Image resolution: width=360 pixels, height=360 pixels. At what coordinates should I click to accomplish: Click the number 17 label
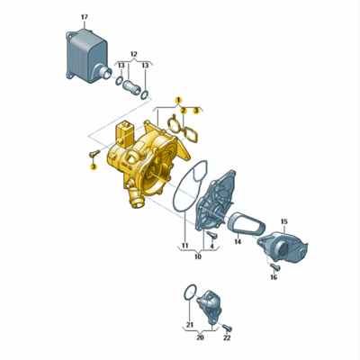(x=85, y=17)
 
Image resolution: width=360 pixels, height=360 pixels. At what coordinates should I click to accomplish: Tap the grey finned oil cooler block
(x=87, y=57)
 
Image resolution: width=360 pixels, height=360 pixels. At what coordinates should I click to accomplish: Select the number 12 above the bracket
(x=134, y=54)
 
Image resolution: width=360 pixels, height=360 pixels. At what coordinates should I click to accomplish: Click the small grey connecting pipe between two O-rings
(x=132, y=87)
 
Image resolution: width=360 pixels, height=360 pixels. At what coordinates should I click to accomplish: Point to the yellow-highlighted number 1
(x=178, y=100)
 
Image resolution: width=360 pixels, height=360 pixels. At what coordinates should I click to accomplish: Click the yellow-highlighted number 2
(x=184, y=111)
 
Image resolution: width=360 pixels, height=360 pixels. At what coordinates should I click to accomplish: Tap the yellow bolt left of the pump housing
(x=94, y=153)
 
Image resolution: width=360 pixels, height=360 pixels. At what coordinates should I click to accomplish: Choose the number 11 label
(x=184, y=246)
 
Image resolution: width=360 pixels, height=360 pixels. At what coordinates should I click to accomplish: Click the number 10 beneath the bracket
(x=198, y=256)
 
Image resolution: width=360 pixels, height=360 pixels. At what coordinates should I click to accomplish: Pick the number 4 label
(x=211, y=247)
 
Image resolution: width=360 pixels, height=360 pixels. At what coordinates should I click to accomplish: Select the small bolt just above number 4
(x=212, y=235)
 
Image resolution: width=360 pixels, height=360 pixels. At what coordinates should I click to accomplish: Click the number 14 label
(x=238, y=241)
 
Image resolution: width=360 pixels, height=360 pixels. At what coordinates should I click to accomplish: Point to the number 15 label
(x=284, y=221)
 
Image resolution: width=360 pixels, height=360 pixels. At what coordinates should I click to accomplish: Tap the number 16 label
(x=274, y=277)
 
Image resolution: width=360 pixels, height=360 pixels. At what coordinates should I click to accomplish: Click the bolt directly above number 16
(x=274, y=265)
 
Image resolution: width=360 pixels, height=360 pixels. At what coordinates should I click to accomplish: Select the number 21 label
(x=190, y=325)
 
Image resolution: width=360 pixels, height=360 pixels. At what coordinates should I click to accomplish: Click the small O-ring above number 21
(x=190, y=292)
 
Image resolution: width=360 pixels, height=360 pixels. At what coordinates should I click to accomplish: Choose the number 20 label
(x=200, y=337)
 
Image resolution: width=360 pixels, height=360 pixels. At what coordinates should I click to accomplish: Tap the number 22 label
(x=227, y=337)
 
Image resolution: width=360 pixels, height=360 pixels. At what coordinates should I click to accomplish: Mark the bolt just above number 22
(x=228, y=328)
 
